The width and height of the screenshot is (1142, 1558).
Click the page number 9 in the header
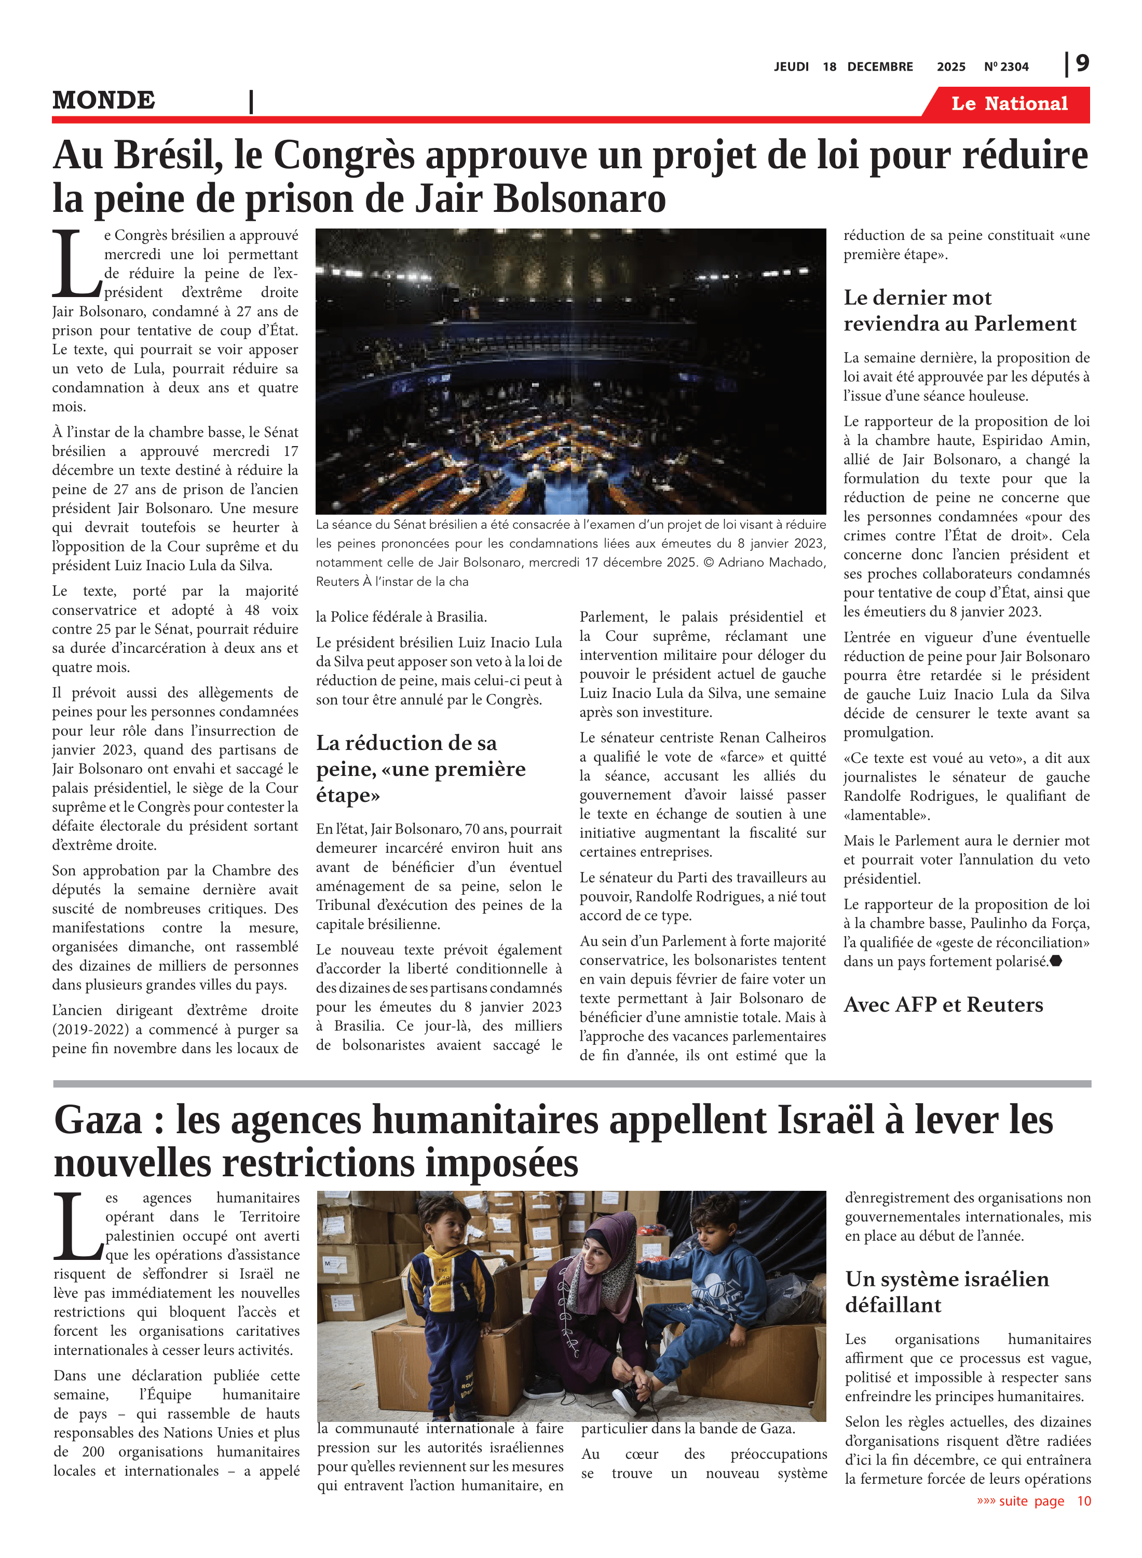pyautogui.click(x=1082, y=64)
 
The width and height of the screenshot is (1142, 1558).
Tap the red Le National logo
pyautogui.click(x=1009, y=104)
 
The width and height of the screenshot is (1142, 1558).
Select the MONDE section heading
pyautogui.click(x=104, y=100)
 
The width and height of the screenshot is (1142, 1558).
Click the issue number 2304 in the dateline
pyautogui.click(x=1014, y=67)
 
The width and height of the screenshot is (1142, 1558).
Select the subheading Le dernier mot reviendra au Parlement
pyautogui.click(x=959, y=311)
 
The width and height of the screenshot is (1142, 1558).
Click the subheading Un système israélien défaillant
pyautogui.click(x=946, y=1291)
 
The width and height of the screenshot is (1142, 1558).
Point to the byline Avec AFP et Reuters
pyautogui.click(x=943, y=1005)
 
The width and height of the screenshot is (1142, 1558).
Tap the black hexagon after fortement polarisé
pyautogui.click(x=1056, y=961)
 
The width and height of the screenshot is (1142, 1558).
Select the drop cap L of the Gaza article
pyautogui.click(x=78, y=1226)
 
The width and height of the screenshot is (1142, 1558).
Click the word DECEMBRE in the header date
pyautogui.click(x=879, y=67)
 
